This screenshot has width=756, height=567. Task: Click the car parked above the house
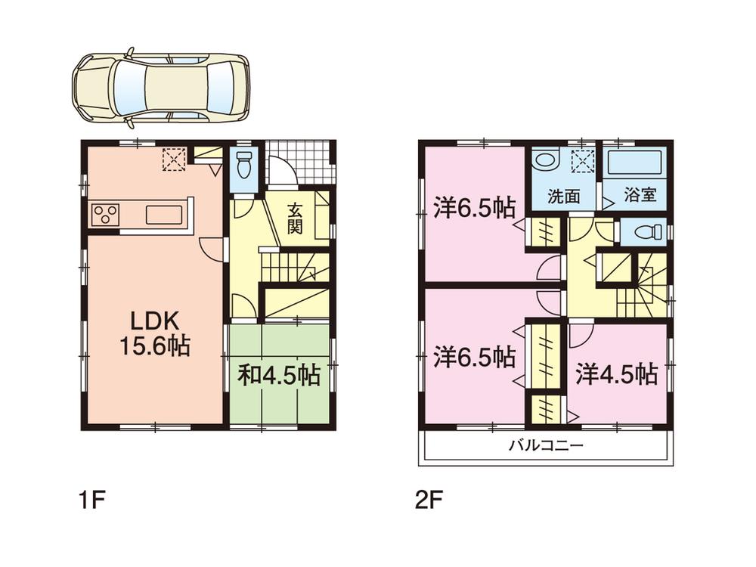(x=160, y=88)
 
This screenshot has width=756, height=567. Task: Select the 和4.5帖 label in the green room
(x=279, y=374)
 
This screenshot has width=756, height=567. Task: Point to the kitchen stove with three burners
(x=104, y=215)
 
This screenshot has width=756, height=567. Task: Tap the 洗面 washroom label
(x=564, y=196)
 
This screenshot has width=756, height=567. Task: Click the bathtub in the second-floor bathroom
(x=635, y=162)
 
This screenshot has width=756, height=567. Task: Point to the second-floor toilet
(x=643, y=232)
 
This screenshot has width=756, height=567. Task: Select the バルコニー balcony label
(x=545, y=446)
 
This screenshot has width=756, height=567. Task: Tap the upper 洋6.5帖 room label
(x=475, y=208)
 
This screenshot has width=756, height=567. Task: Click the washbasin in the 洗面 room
(x=544, y=160)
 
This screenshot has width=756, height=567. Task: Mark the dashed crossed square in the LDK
(x=175, y=159)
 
